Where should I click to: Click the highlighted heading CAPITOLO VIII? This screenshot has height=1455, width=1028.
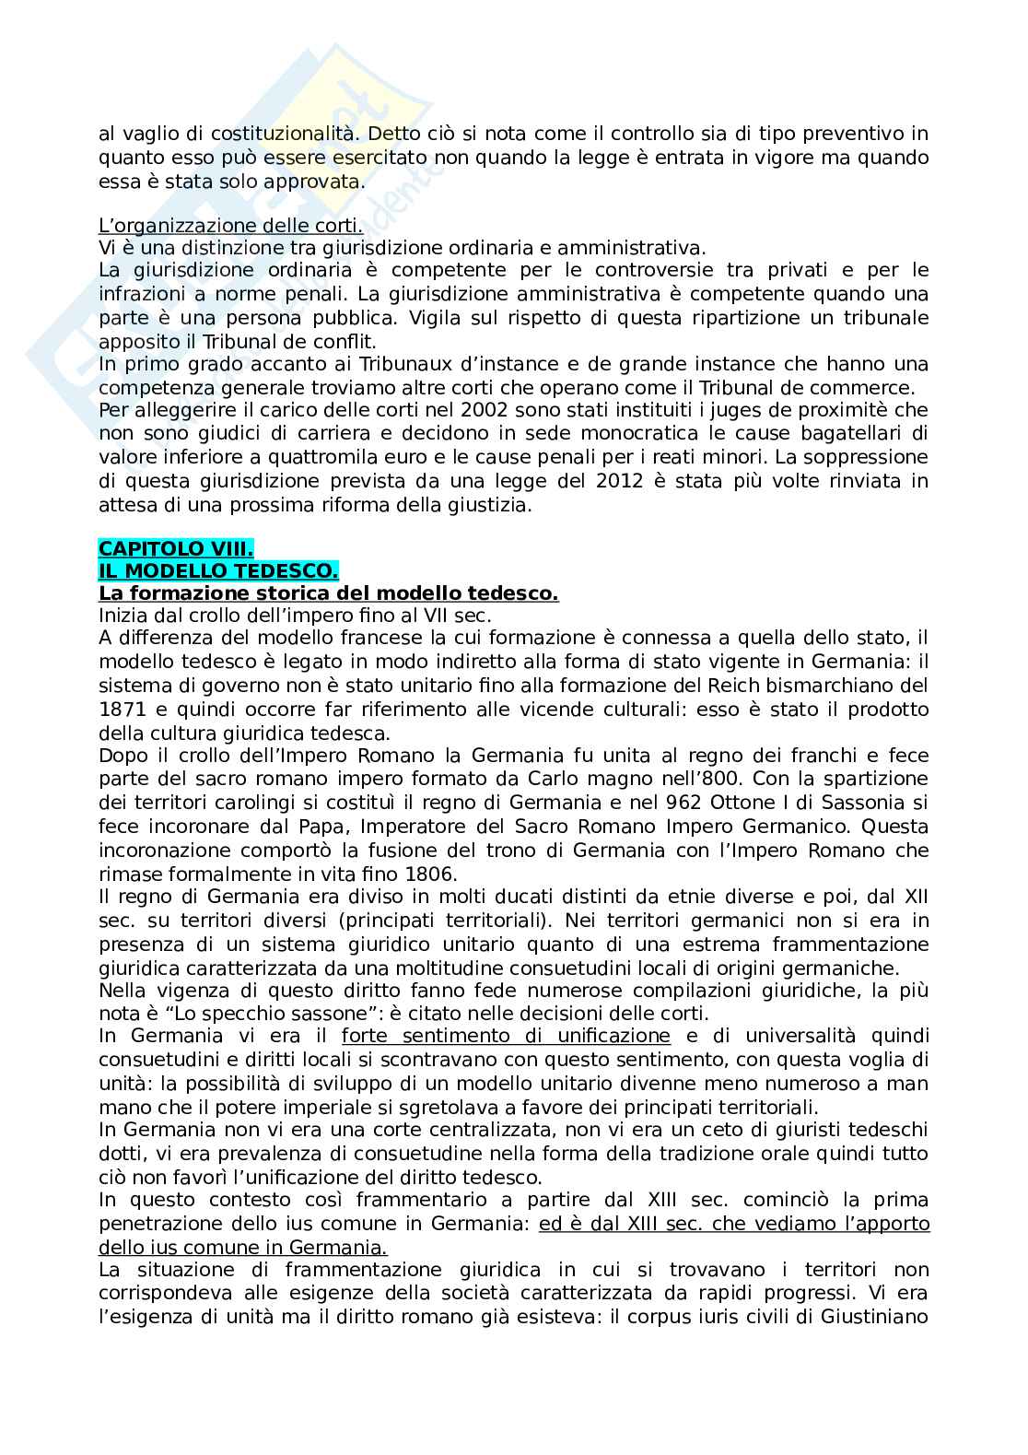169,549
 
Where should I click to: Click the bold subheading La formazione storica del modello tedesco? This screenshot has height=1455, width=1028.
328,594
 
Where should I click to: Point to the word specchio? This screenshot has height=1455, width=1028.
197,1013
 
